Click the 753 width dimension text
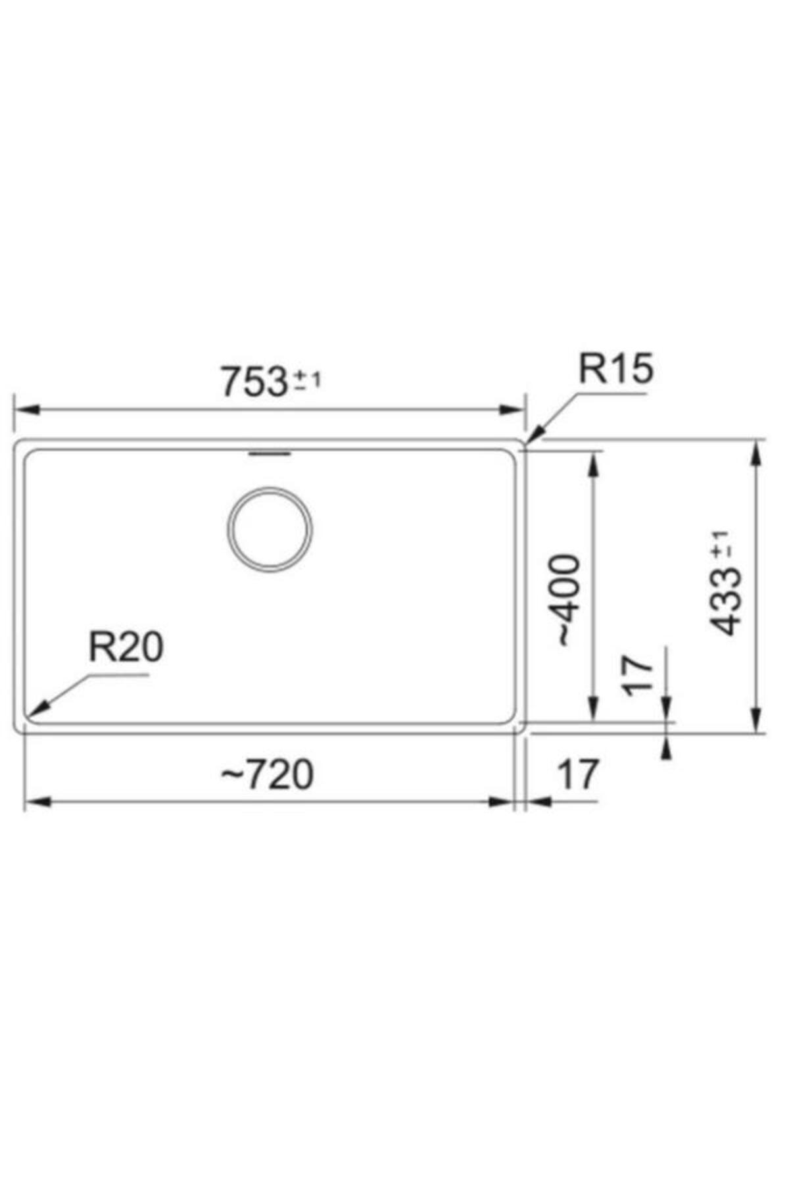[x=254, y=382]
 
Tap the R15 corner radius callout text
[x=615, y=369]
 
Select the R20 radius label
[x=126, y=647]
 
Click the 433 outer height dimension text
[x=726, y=601]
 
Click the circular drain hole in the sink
[x=270, y=529]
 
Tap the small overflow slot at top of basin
[x=269, y=453]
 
